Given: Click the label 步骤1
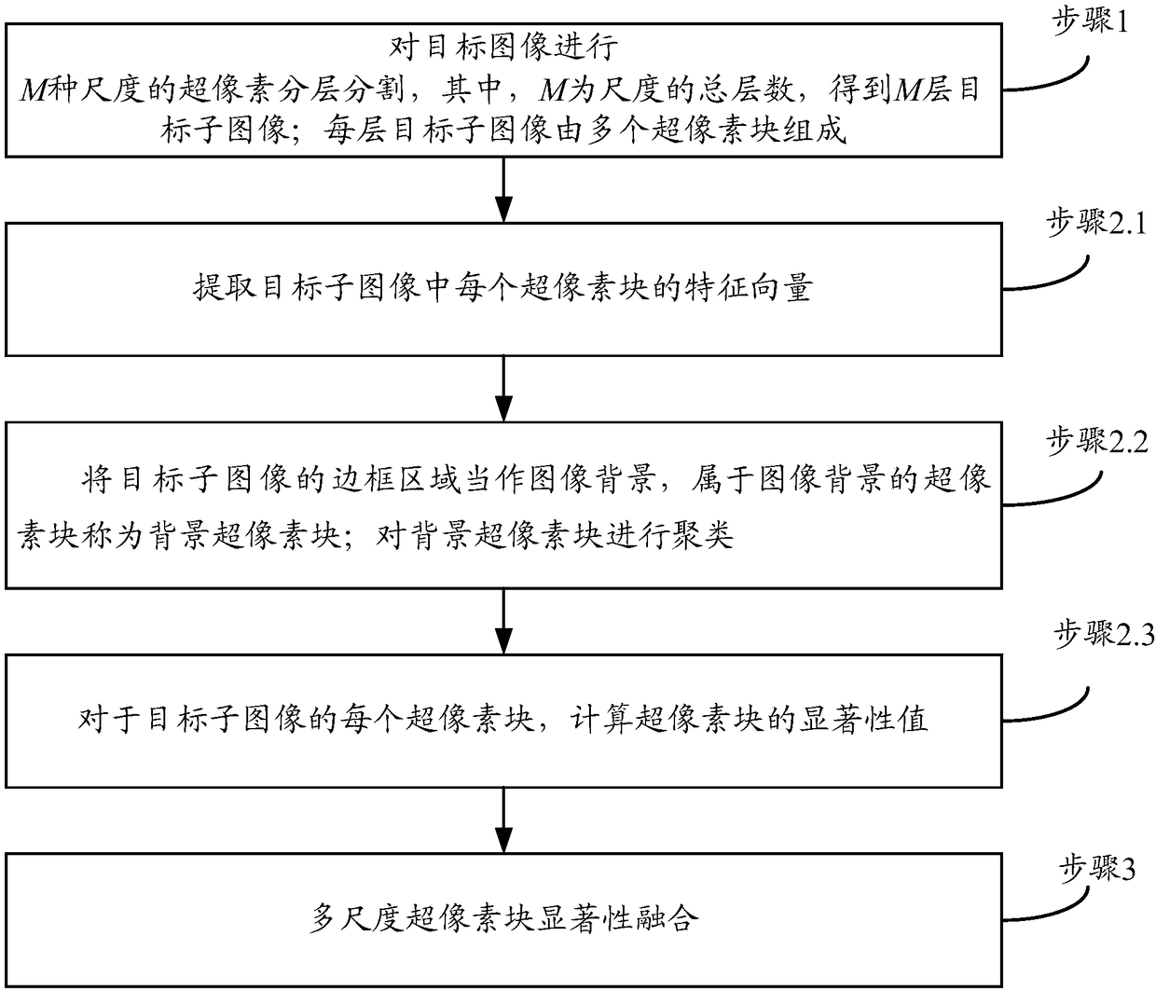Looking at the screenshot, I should tap(1092, 21).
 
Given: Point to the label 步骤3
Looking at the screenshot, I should tap(1097, 869).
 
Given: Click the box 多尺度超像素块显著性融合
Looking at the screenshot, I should tap(503, 919).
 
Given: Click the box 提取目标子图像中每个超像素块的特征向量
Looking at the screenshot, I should tap(503, 288).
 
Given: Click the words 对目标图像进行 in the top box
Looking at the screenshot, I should tap(503, 45).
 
